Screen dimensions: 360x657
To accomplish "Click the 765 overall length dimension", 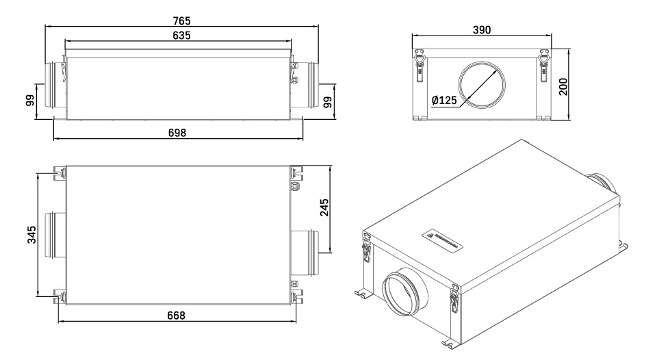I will click(181, 20).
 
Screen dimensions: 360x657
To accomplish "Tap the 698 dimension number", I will click(177, 131).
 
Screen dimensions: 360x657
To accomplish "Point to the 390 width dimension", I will click(483, 30).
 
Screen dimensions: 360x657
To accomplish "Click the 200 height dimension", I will click(564, 86).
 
